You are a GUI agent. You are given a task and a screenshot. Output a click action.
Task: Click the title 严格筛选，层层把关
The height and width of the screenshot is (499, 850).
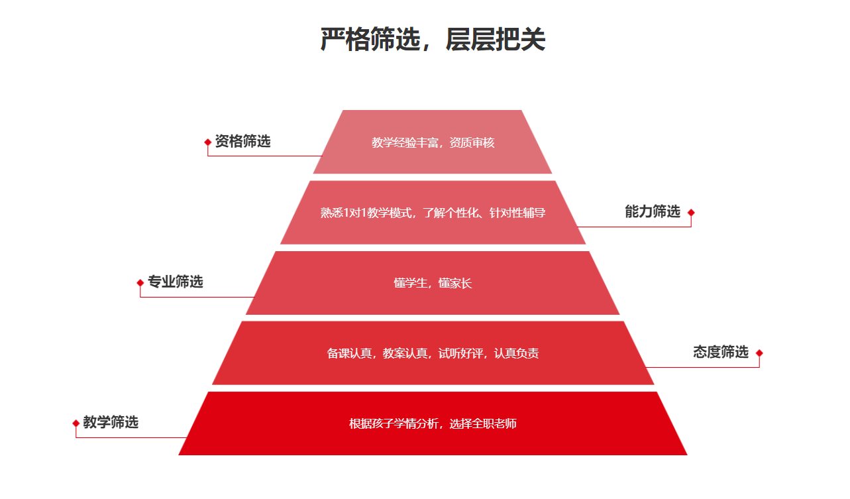tap(433, 40)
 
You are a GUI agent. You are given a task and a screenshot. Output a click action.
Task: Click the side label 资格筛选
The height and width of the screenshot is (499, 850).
tap(242, 141)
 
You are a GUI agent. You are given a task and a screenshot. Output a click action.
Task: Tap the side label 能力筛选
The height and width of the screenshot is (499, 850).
tap(653, 211)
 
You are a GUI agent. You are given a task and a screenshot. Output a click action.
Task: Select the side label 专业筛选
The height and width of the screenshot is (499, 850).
tap(175, 282)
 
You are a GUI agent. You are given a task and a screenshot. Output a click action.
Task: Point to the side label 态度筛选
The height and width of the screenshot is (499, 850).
tap(721, 352)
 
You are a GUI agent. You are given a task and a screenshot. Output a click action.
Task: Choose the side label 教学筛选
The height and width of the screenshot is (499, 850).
tap(111, 422)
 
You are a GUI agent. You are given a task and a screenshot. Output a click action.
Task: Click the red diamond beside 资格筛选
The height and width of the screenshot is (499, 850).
tap(208, 142)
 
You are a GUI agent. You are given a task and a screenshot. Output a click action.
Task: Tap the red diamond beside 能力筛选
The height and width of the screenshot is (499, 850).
tap(691, 213)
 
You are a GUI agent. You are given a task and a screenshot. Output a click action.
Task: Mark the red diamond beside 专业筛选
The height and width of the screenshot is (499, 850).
tap(140, 283)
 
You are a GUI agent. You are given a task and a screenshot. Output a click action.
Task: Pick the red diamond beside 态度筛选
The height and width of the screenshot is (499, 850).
tap(759, 353)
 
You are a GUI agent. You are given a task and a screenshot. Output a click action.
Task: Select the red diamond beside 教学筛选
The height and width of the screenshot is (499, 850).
tap(76, 423)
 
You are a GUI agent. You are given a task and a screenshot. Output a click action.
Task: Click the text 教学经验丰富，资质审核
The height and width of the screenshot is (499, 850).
tap(433, 142)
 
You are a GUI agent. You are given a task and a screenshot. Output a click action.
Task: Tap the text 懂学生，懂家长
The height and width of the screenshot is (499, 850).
tap(433, 283)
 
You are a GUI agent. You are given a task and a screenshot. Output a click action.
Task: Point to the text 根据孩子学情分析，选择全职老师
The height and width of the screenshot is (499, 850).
tap(433, 423)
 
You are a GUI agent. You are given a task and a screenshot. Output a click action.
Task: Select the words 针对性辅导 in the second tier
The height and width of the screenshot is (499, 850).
tap(517, 213)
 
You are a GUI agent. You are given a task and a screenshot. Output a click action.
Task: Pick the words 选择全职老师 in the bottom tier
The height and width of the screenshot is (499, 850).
tap(483, 423)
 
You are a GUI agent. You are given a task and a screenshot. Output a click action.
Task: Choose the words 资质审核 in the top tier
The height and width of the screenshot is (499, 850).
tap(472, 142)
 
